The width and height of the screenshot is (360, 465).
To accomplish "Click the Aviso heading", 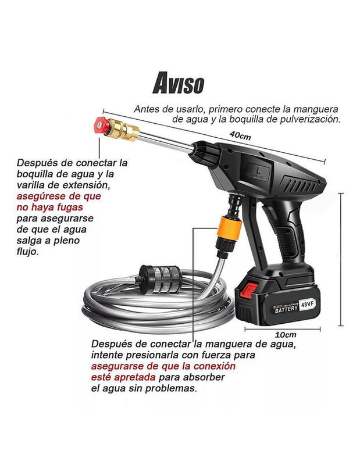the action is [179, 83].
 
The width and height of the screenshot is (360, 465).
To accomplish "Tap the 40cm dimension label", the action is [240, 135].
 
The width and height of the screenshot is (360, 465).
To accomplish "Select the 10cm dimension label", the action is [286, 335].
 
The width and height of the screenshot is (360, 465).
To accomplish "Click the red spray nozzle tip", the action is [101, 125].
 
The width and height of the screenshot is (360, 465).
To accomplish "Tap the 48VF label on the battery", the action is [307, 303].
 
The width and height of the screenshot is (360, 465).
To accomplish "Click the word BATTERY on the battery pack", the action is [286, 309].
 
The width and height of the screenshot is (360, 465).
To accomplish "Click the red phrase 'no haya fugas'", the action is [49, 207].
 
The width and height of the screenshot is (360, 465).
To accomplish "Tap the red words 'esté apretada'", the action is [123, 377].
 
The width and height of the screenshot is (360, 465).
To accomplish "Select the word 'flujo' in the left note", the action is [27, 252].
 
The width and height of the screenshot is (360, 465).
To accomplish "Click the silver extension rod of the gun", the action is [165, 140].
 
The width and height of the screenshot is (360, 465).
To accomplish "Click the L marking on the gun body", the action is [259, 170].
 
